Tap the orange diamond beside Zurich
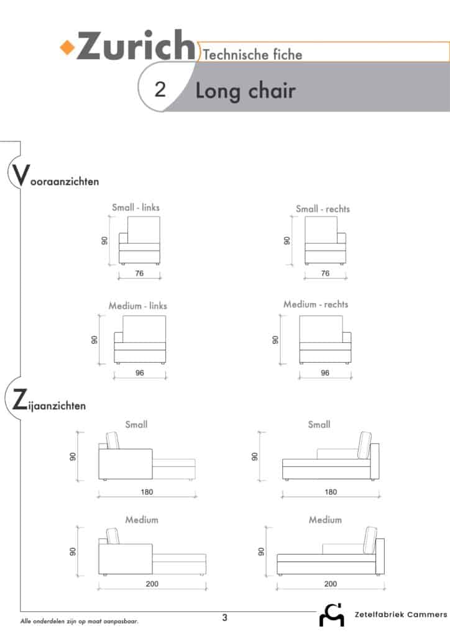pyautogui.click(x=67, y=47)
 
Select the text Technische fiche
pyautogui.click(x=252, y=55)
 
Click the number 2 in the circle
pyautogui.click(x=160, y=89)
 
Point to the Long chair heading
pyautogui.click(x=246, y=91)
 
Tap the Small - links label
pyautogui.click(x=136, y=207)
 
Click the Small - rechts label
pyautogui.click(x=323, y=209)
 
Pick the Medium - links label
pyautogui.click(x=137, y=306)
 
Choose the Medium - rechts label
pyautogui.click(x=316, y=304)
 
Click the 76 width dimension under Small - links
pyautogui.click(x=139, y=273)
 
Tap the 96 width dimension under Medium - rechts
pyautogui.click(x=325, y=373)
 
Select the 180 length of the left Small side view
pyautogui.click(x=147, y=492)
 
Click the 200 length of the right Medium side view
pyautogui.click(x=330, y=584)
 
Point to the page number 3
pyautogui.click(x=225, y=618)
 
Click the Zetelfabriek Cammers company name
pyautogui.click(x=401, y=614)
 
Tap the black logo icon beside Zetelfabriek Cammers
pyautogui.click(x=332, y=616)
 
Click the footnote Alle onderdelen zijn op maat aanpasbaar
pyautogui.click(x=79, y=621)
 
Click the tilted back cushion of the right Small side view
pyautogui.click(x=364, y=445)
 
